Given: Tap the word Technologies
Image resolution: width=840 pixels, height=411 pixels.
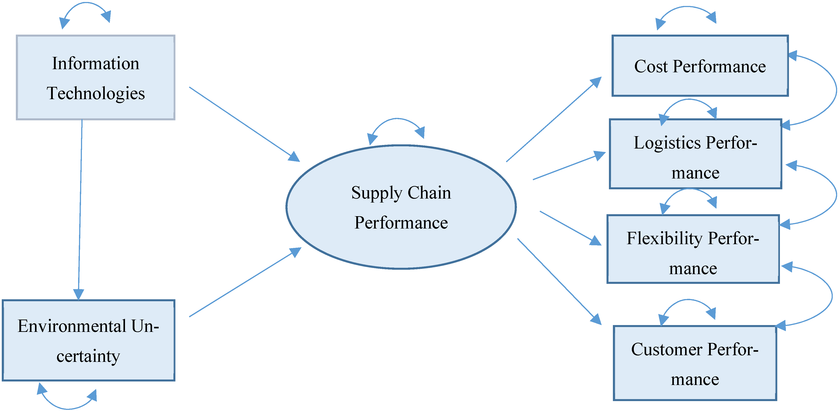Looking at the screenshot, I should (x=96, y=94).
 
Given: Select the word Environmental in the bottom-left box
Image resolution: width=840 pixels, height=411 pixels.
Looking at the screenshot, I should (x=72, y=326).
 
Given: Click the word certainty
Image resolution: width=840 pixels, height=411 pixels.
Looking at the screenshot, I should (x=88, y=356).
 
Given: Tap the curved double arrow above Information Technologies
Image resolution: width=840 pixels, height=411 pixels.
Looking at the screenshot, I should (x=85, y=4).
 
